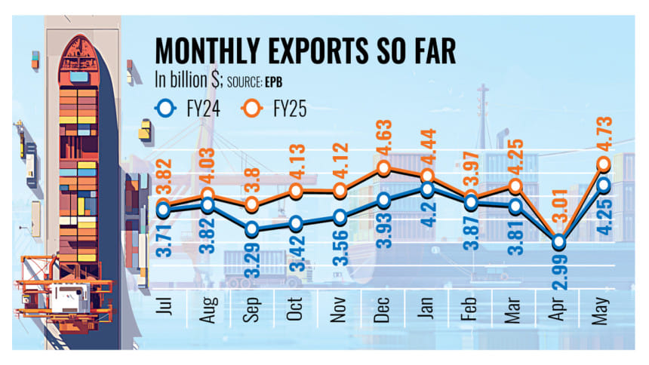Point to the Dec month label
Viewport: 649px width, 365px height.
click(383, 307)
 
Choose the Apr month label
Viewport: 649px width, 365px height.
click(559, 307)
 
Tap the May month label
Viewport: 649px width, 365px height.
click(602, 307)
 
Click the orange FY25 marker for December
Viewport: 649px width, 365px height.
click(383, 168)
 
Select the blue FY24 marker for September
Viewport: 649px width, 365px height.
click(252, 229)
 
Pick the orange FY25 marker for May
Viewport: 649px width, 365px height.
click(604, 163)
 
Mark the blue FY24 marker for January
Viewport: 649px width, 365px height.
click(428, 189)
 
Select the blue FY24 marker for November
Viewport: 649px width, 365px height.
click(340, 217)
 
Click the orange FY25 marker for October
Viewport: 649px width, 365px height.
click(296, 192)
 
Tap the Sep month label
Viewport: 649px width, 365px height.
click(252, 307)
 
